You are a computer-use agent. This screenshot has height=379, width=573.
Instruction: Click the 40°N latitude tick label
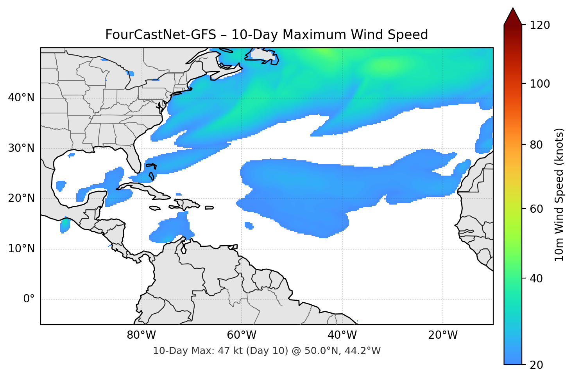click(x=21, y=98)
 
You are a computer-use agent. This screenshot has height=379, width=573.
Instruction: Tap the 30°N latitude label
click(x=21, y=148)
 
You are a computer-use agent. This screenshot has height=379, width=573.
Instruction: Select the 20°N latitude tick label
click(x=21, y=198)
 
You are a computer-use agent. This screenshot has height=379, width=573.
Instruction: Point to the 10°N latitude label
click(x=21, y=249)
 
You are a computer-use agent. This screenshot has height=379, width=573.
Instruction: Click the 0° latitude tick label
click(x=29, y=299)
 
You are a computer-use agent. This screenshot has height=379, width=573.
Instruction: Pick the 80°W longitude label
click(x=141, y=335)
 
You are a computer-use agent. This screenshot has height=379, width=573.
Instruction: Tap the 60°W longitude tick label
click(x=242, y=335)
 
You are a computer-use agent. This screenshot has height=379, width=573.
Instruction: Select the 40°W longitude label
click(x=342, y=335)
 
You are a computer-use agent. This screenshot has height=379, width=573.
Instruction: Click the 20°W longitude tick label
click(x=443, y=335)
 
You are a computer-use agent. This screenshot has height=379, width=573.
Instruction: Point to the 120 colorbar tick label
click(x=540, y=25)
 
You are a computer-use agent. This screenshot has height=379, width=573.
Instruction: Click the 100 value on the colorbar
click(x=540, y=84)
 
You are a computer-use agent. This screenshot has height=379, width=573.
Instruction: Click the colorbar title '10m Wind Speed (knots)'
click(x=559, y=194)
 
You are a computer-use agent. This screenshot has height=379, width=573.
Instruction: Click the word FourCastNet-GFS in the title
click(x=160, y=35)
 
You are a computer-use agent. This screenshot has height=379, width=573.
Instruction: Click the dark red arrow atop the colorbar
click(x=513, y=17)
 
